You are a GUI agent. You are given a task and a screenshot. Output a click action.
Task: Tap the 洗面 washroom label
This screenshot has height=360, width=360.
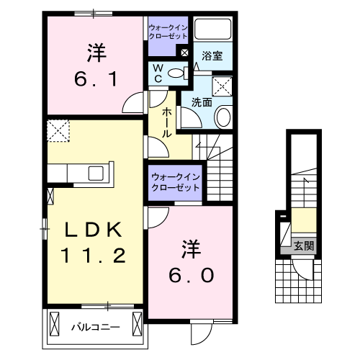click(202, 103)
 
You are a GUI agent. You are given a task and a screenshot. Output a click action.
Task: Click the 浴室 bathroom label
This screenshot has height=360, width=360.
click(211, 55)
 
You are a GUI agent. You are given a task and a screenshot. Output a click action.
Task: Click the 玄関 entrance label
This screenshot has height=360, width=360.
click(304, 246)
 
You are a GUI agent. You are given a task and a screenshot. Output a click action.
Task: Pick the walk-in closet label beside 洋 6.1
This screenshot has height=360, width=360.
click(168, 31)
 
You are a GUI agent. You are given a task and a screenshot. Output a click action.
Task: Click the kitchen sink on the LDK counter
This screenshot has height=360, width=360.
click(94, 174)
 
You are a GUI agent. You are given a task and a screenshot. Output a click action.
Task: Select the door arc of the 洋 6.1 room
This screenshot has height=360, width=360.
click(132, 104)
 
